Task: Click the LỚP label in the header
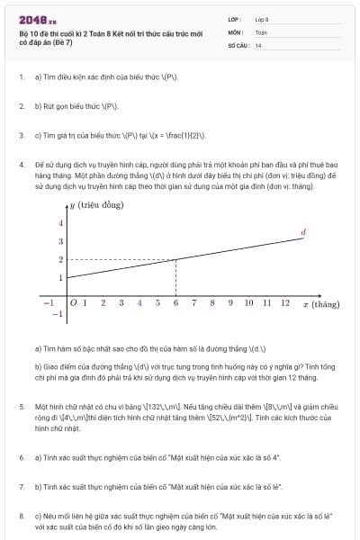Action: [234, 18]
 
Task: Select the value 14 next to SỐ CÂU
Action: [258, 45]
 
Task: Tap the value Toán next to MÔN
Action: [261, 31]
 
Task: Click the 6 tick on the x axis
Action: [175, 303]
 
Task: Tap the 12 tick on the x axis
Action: [285, 303]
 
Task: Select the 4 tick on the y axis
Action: [60, 222]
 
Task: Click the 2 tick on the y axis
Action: [60, 259]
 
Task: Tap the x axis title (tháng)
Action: [320, 304]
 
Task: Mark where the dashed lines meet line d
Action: [175, 259]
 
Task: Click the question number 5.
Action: [21, 407]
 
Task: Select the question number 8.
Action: [21, 516]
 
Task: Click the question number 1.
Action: [21, 77]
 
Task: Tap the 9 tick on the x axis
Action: [230, 303]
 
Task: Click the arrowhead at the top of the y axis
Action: [67, 206]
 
